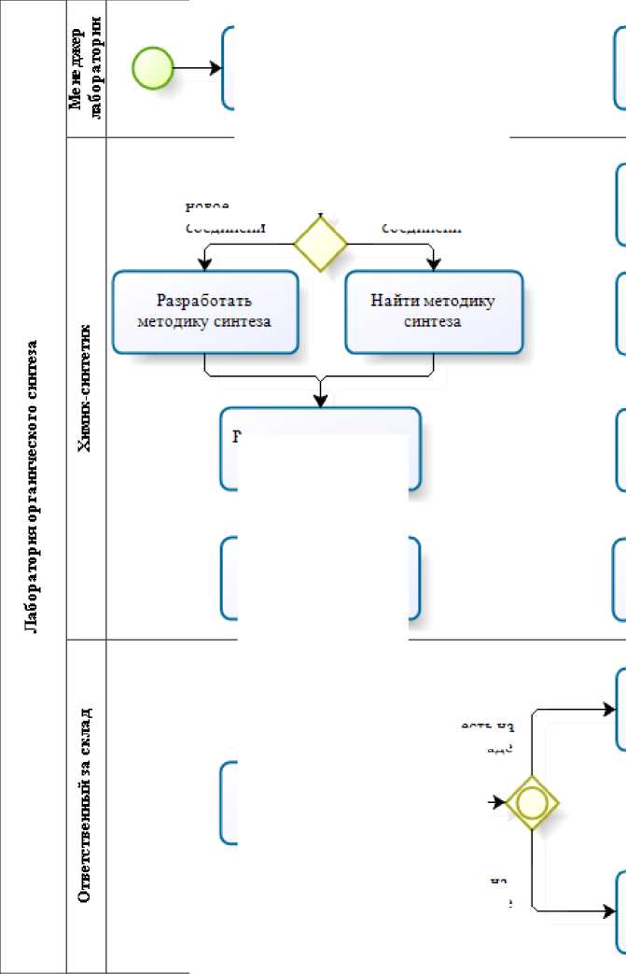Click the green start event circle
coord(153,68)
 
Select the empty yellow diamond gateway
coord(320,244)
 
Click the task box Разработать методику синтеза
coord(205,312)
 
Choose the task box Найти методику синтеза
coord(433,312)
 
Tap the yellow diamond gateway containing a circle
coord(532,801)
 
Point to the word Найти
coord(394,301)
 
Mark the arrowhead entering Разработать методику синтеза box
coord(205,264)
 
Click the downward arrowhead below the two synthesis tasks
coord(321,400)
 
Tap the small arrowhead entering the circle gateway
coord(499,801)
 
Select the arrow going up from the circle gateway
coord(533,728)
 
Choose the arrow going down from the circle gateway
coord(533,873)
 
